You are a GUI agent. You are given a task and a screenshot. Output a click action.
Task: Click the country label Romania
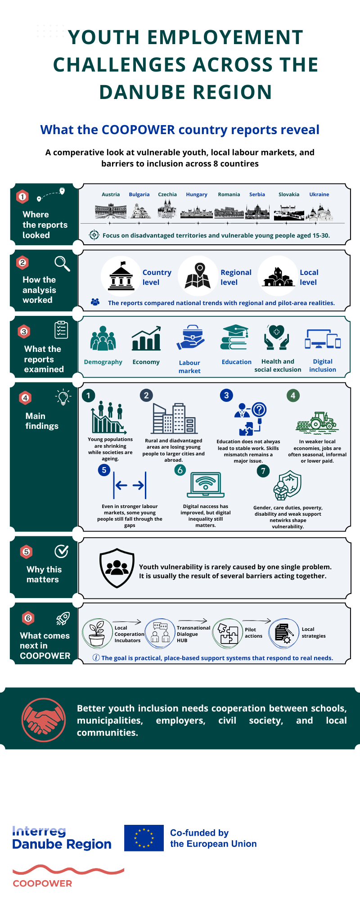point(229,194)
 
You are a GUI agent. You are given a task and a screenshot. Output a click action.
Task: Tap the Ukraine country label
point(319,194)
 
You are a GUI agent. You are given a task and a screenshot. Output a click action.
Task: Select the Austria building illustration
point(111,211)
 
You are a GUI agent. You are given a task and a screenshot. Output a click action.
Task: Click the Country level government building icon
point(121,275)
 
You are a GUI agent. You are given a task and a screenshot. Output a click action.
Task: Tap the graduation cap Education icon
point(234,337)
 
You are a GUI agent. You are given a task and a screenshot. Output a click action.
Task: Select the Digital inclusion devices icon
point(323,339)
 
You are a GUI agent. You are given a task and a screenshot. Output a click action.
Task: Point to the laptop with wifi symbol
point(206,485)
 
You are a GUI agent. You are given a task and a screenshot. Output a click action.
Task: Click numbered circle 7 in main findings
point(263,471)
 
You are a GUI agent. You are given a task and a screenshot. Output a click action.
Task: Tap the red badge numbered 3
point(24,332)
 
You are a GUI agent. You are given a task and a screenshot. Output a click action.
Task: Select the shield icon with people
point(117,568)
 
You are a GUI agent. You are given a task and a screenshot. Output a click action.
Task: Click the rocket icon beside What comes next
point(63,619)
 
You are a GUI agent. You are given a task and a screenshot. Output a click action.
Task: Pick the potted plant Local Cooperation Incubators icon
point(97,633)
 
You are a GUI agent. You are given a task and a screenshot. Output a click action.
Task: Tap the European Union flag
point(144,838)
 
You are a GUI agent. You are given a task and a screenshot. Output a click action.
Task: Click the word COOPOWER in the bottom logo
point(42,883)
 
